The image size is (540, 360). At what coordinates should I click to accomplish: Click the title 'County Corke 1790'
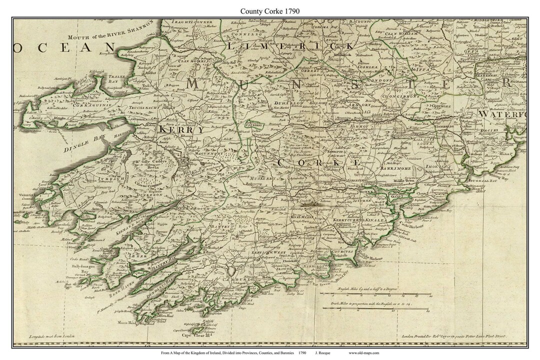tap(270, 10)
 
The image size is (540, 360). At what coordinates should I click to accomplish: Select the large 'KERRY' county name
tap(181, 129)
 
